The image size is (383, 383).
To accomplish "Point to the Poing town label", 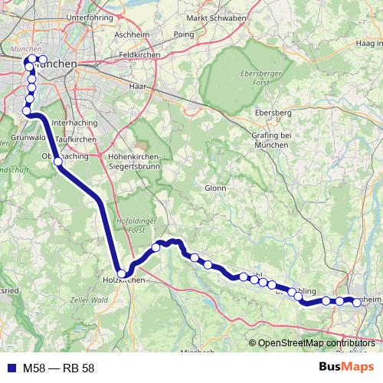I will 184,34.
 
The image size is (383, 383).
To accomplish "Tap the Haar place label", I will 138,87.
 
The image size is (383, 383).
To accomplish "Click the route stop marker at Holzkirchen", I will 121,273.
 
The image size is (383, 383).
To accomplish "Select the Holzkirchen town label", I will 123,281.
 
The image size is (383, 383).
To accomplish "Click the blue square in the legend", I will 10,368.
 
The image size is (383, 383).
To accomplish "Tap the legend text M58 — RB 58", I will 58,368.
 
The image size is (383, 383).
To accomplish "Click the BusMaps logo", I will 345,368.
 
